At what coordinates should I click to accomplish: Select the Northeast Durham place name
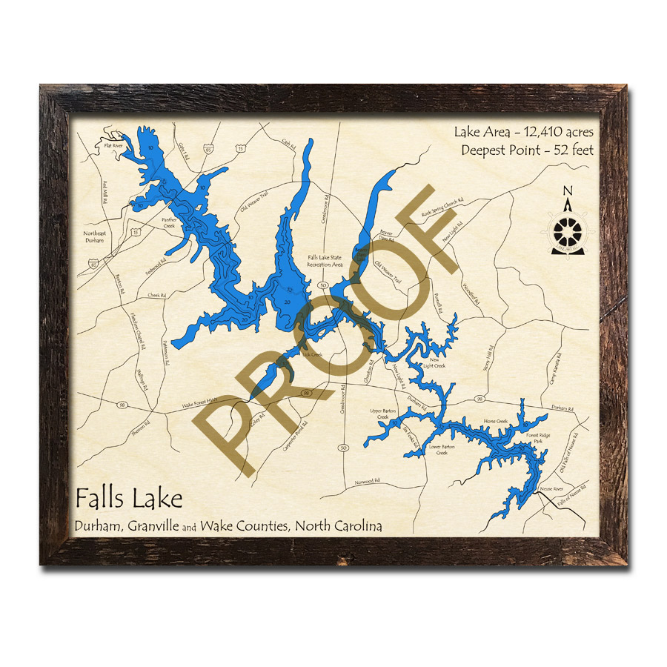click(94, 237)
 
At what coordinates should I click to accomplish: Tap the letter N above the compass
click(567, 190)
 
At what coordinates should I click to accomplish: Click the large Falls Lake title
click(128, 498)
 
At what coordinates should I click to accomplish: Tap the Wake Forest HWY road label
click(202, 405)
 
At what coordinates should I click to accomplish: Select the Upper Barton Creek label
click(383, 414)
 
